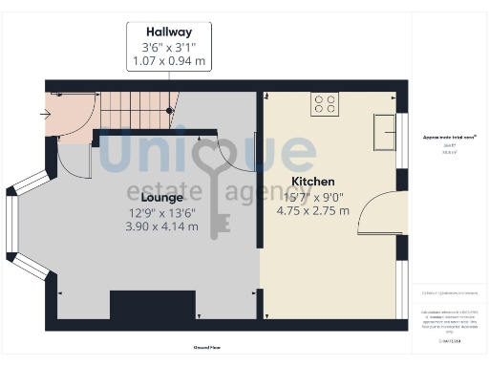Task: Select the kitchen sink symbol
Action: click(x=384, y=131)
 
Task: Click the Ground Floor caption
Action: click(x=207, y=347)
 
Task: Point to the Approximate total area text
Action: click(x=449, y=138)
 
